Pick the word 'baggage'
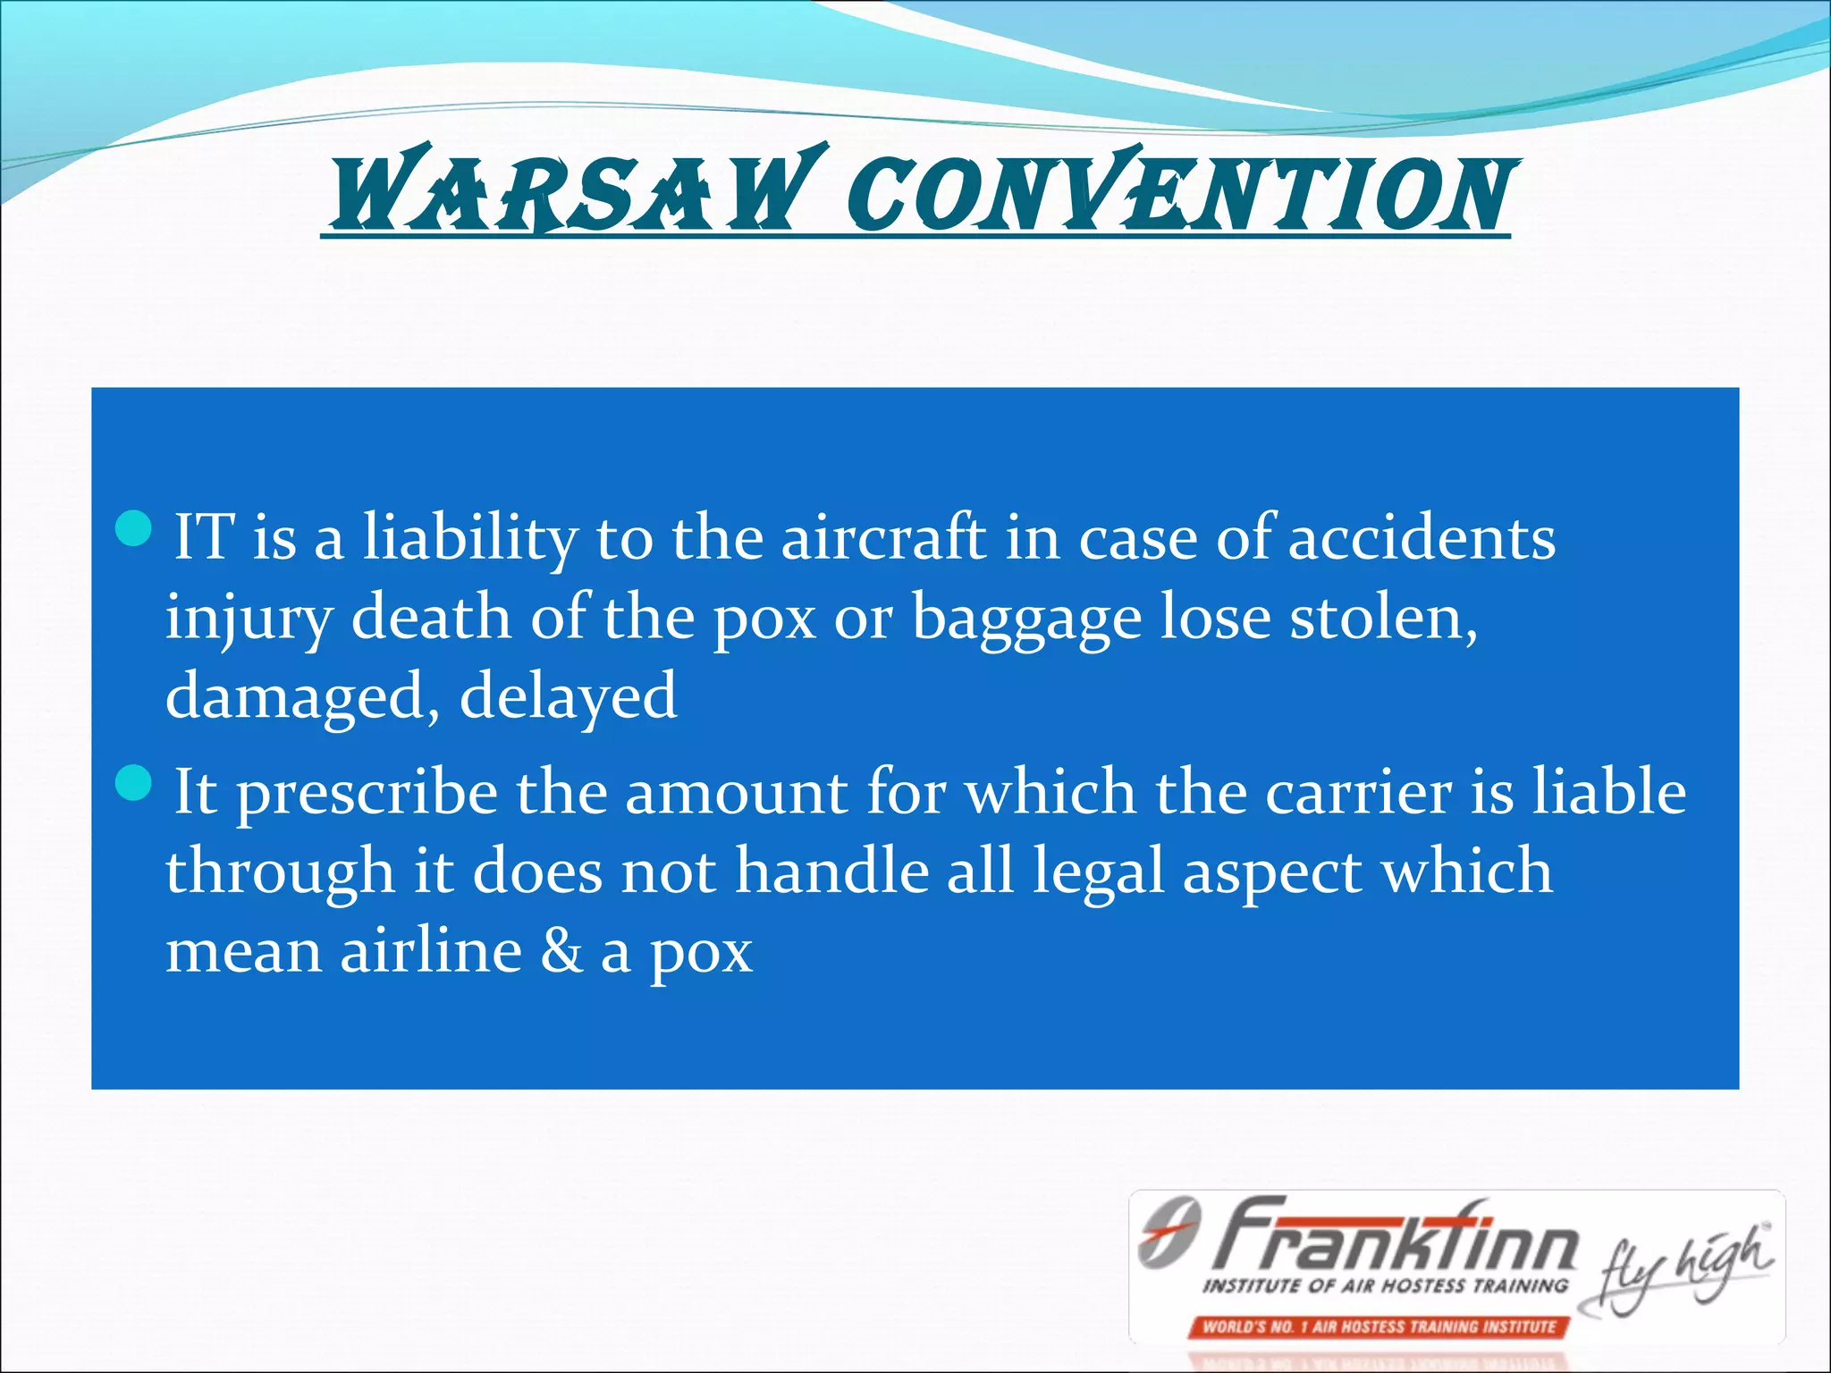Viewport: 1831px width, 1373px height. point(1026,619)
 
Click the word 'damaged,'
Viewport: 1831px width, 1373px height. point(302,697)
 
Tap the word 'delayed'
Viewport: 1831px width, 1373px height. point(568,697)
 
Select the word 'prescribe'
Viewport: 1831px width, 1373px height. point(367,794)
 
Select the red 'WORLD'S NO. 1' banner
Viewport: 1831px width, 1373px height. point(1378,1327)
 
